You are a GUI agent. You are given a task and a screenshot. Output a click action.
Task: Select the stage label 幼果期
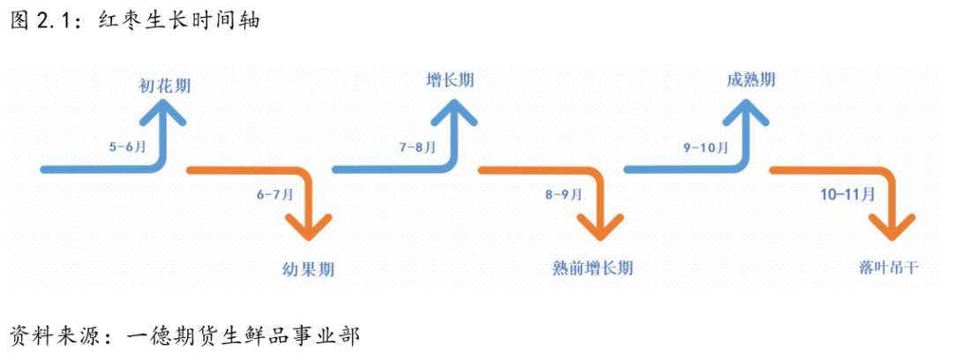coord(308,268)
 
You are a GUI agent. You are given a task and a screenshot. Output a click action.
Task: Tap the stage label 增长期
coord(450,80)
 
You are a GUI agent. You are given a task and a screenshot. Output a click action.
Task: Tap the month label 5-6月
coord(128,147)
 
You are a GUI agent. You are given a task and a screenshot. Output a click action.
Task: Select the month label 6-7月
coord(274,194)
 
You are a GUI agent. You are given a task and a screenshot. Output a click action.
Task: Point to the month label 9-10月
coord(706,147)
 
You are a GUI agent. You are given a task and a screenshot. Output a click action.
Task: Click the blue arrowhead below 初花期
coord(164,113)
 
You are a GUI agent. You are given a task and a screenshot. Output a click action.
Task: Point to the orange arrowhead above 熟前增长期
coord(600,227)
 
